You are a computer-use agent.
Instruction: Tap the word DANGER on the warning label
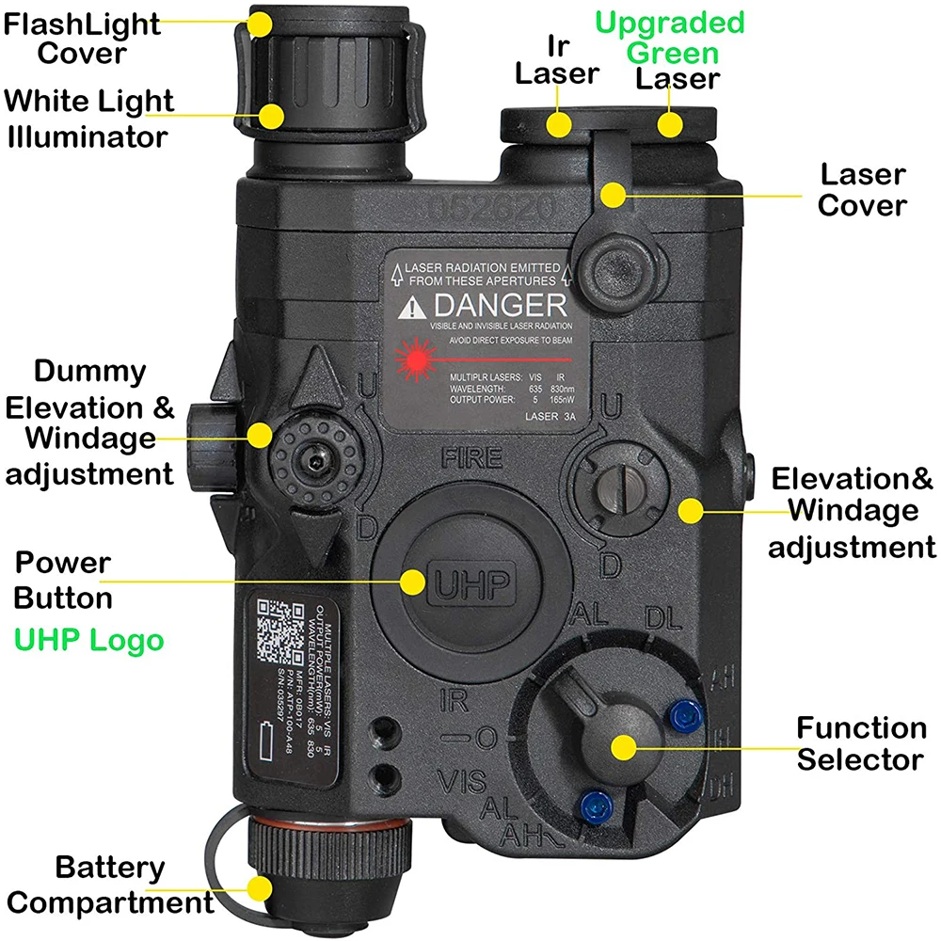(500, 306)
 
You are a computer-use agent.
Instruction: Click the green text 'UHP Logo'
(88, 641)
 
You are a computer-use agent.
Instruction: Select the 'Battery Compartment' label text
(109, 885)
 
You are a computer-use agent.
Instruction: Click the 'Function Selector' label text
(860, 742)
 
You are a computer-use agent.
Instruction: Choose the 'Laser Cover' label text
(862, 189)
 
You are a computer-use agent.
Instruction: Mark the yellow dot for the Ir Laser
(560, 123)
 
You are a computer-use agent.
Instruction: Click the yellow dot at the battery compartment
(260, 886)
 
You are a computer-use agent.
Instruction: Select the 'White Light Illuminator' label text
(89, 118)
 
